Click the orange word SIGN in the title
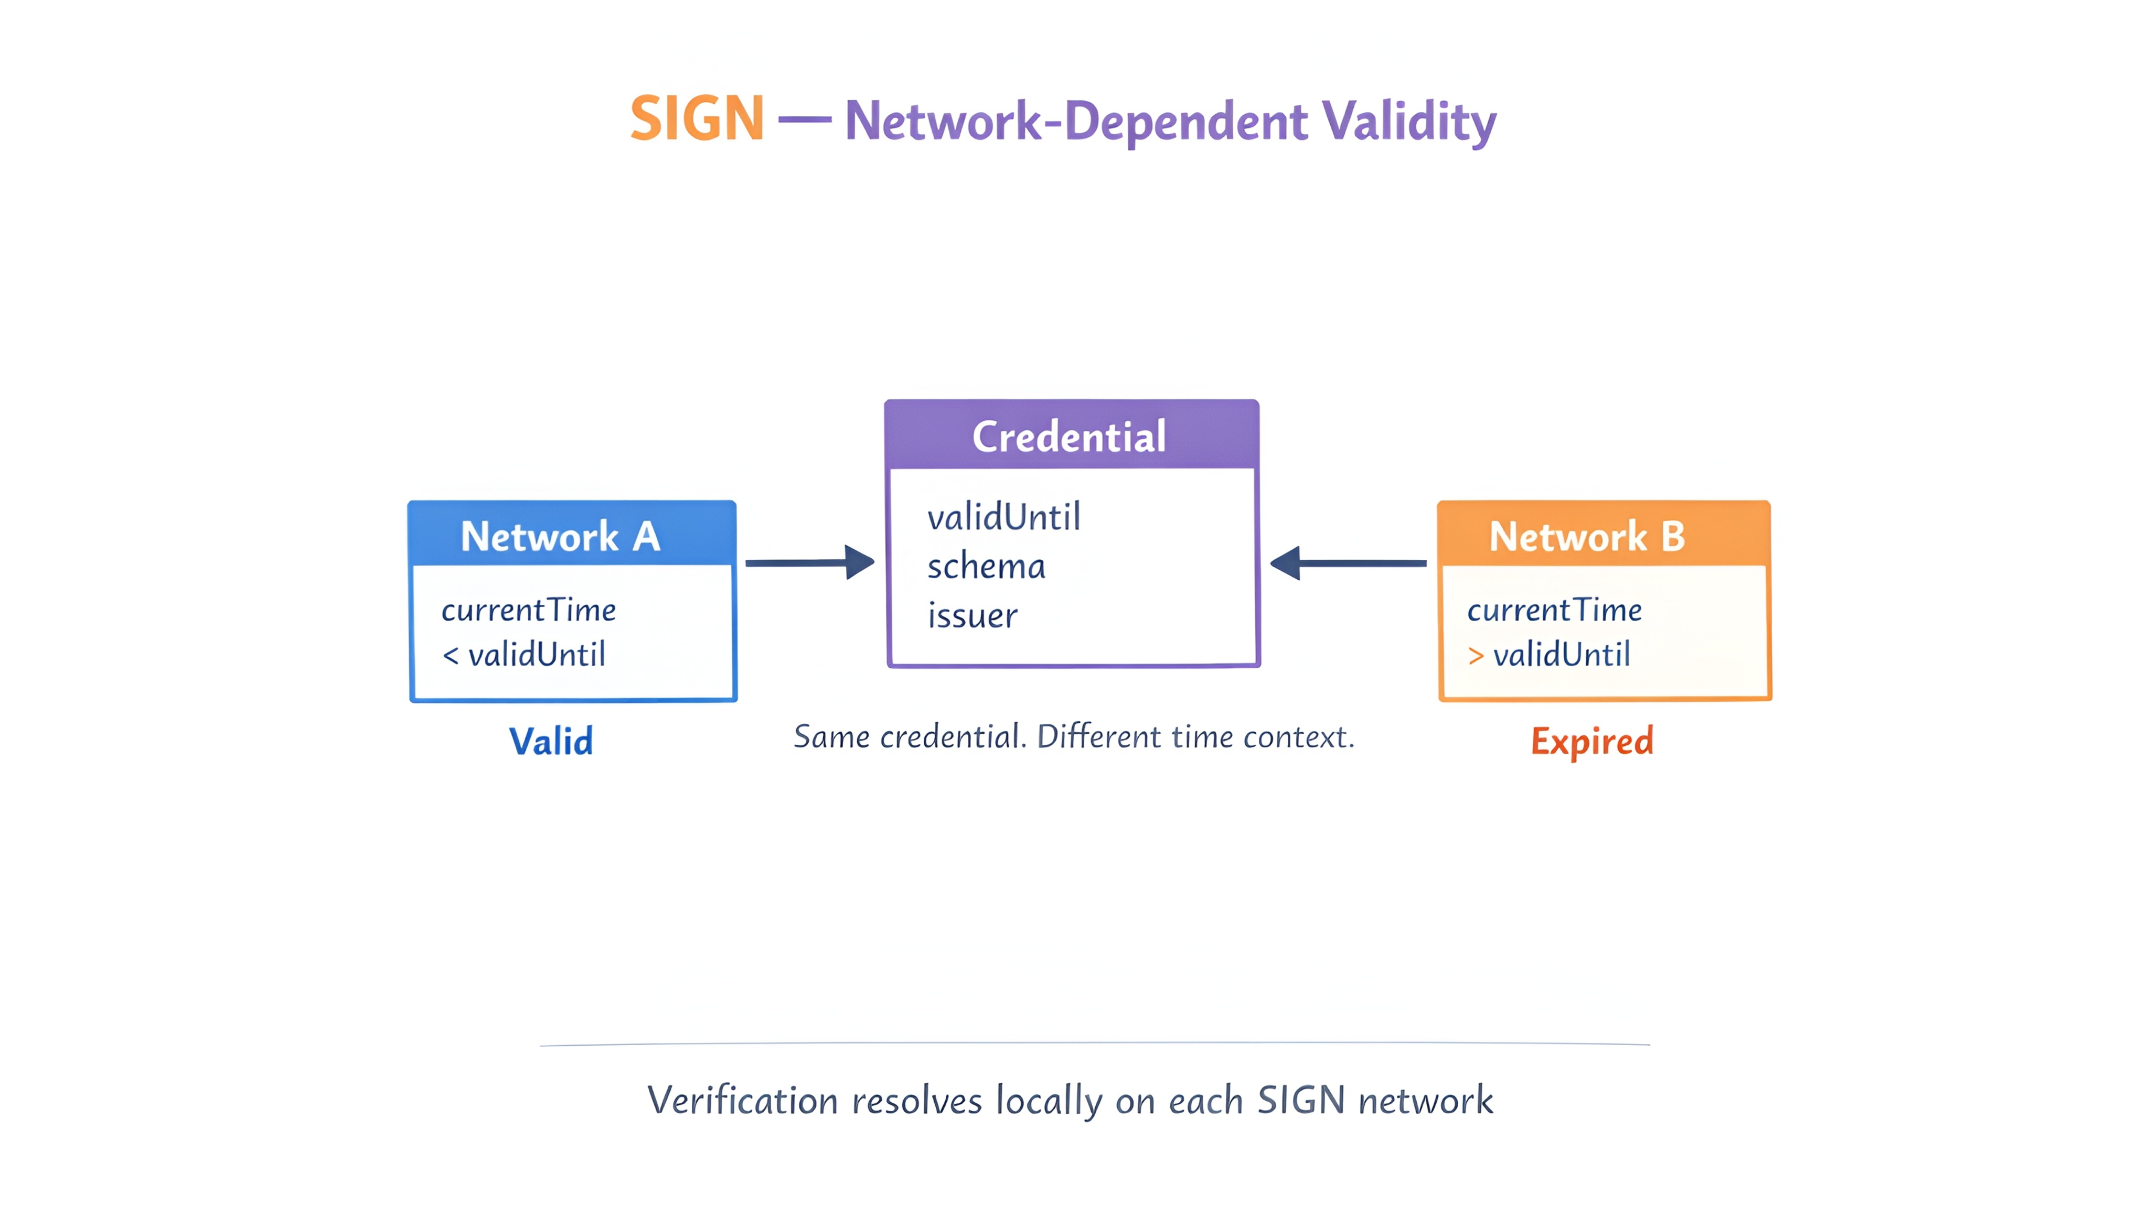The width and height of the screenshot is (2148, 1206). (x=697, y=118)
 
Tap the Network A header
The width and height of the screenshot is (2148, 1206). (x=572, y=534)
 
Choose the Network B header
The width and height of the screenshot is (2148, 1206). (x=1604, y=534)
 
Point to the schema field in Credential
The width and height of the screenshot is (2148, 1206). (x=987, y=567)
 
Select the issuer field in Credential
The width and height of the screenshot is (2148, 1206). (x=973, y=616)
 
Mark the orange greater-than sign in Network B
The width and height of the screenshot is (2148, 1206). (x=1476, y=656)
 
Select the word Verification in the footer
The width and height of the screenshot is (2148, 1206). (x=742, y=1100)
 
